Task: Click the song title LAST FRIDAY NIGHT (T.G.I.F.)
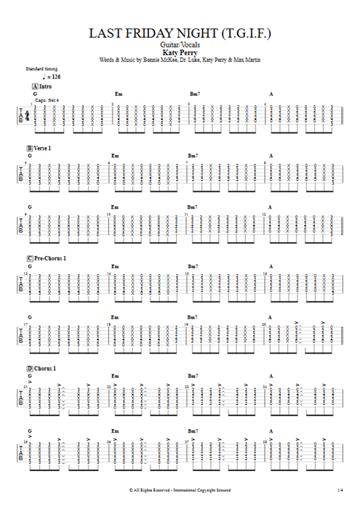tap(180, 33)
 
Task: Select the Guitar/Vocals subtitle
tap(180, 44)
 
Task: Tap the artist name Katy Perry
tap(180, 52)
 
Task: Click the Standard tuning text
tap(37, 68)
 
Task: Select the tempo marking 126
tap(55, 76)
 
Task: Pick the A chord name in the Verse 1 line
tap(271, 155)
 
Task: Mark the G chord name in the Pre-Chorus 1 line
tap(30, 266)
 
